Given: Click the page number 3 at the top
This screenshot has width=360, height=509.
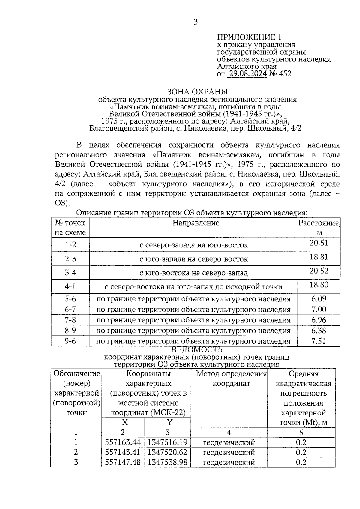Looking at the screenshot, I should (196, 22).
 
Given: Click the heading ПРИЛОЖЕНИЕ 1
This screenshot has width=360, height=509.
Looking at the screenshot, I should (249, 37).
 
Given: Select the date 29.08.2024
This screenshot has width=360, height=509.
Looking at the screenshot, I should (248, 74).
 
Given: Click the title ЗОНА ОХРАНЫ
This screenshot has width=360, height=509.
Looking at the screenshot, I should (197, 91).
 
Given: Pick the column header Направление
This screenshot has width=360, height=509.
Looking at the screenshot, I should (196, 223).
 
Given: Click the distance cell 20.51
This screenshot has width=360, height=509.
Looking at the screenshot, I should (319, 243).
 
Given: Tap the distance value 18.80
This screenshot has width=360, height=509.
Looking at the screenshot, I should (319, 285).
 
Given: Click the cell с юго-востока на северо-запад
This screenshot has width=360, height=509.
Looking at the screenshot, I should (194, 273).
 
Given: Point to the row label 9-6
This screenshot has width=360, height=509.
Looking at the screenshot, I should (70, 341).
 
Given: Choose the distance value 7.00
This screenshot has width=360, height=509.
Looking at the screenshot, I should (319, 310).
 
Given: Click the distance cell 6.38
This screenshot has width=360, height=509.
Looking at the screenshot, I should (319, 331).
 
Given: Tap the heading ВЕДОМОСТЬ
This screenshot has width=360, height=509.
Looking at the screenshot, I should (197, 350).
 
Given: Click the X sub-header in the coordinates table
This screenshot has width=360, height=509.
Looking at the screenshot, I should (125, 422).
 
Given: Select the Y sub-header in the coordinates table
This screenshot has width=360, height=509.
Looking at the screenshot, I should (169, 422).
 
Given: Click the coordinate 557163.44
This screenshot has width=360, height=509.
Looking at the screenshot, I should (123, 442).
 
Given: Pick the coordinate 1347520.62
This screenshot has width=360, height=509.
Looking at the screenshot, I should (167, 452).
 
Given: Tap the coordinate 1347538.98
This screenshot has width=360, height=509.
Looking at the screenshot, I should (167, 462).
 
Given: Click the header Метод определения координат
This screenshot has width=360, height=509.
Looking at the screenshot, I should (231, 379).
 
